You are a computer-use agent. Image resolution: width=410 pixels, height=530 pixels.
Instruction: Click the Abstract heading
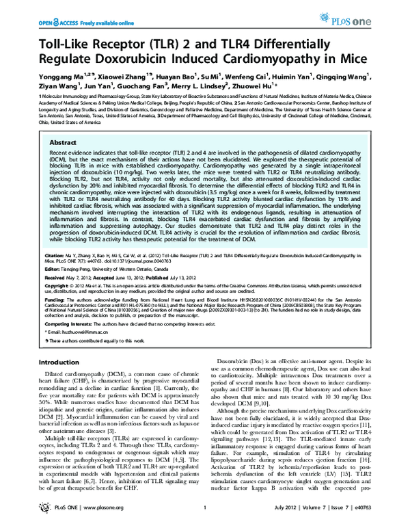64,137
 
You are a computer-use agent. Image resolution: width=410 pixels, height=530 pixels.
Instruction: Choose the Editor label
52,269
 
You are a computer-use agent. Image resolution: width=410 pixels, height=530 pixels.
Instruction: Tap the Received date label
55,278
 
